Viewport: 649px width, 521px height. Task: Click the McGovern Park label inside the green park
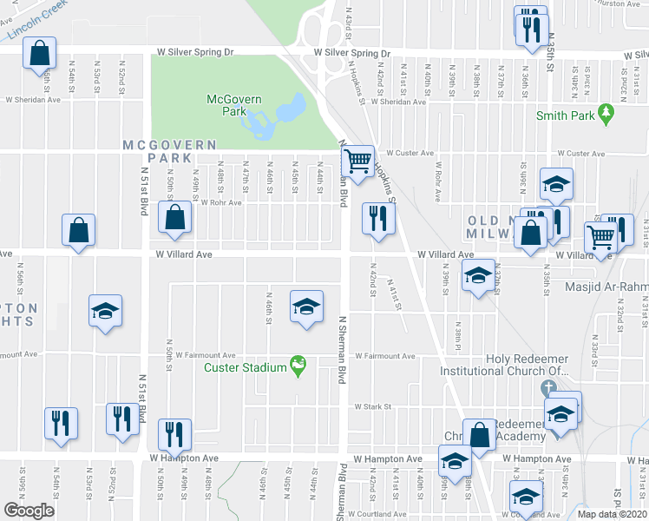[x=233, y=105]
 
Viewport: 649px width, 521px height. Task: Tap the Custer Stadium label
[x=246, y=367]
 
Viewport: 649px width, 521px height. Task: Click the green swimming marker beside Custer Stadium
[x=298, y=366]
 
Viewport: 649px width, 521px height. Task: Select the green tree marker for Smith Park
[x=606, y=114]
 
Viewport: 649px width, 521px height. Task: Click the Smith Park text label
[x=564, y=115]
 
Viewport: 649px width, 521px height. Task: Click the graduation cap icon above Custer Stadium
[x=305, y=307]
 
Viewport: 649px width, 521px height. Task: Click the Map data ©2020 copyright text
[x=613, y=513]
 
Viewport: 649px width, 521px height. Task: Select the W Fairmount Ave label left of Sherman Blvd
[x=206, y=356]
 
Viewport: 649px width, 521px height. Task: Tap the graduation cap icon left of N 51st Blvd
[x=105, y=311]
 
